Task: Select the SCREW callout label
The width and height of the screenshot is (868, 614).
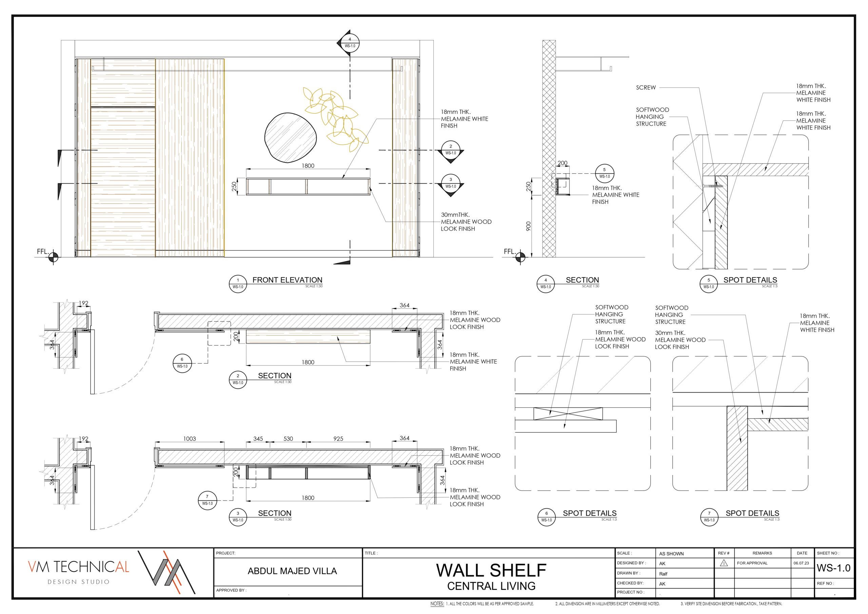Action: pyautogui.click(x=646, y=88)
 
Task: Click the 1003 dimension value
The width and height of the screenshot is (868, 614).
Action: pyautogui.click(x=190, y=439)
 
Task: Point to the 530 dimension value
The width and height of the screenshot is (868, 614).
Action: pyautogui.click(x=288, y=439)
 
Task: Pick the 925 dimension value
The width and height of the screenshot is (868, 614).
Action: pyautogui.click(x=338, y=439)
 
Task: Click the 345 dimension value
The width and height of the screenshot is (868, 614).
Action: pyautogui.click(x=258, y=439)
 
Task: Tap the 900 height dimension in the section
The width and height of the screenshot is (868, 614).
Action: pyautogui.click(x=529, y=226)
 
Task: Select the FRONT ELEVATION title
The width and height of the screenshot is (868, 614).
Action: pyautogui.click(x=287, y=280)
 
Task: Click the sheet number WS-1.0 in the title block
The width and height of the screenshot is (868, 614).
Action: pyautogui.click(x=834, y=568)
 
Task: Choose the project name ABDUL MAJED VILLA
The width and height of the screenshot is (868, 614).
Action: pyautogui.click(x=292, y=571)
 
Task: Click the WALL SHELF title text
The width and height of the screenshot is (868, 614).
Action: pyautogui.click(x=491, y=570)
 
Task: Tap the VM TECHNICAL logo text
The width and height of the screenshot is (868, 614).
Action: pyautogui.click(x=79, y=567)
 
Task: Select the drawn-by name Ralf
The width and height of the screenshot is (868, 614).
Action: pyautogui.click(x=664, y=574)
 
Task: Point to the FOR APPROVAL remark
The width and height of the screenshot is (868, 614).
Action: pyautogui.click(x=752, y=563)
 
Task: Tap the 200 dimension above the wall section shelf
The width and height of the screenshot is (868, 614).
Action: pyautogui.click(x=563, y=163)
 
